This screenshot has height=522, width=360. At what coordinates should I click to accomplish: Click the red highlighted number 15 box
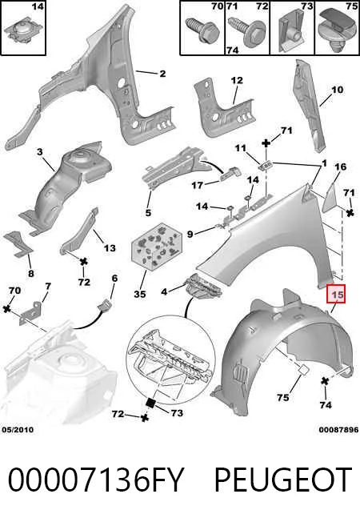coord(336,294)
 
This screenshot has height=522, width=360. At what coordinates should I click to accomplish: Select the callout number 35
coord(140,295)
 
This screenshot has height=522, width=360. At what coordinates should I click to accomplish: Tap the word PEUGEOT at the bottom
coord(283,480)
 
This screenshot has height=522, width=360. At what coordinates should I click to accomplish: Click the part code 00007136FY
coord(96,480)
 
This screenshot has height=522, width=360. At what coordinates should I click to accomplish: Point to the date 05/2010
coord(18,430)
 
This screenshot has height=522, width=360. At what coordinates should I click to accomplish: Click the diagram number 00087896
coord(338,430)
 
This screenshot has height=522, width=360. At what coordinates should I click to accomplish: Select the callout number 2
coord(162,74)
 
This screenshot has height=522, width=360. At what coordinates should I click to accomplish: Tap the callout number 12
coord(237,81)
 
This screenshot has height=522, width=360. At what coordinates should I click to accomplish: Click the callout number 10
coord(337,90)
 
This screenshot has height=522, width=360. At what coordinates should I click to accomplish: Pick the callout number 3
coord(39,152)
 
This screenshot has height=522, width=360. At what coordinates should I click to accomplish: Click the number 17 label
coord(198,185)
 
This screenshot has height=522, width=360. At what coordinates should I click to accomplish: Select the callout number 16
coord(340,167)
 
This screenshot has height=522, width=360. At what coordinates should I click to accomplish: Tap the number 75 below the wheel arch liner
coord(283,397)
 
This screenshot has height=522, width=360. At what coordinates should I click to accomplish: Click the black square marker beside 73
coord(150,403)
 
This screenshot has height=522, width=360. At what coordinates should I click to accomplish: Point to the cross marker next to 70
coord(6,308)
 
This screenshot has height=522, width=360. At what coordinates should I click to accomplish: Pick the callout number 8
coord(30,274)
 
